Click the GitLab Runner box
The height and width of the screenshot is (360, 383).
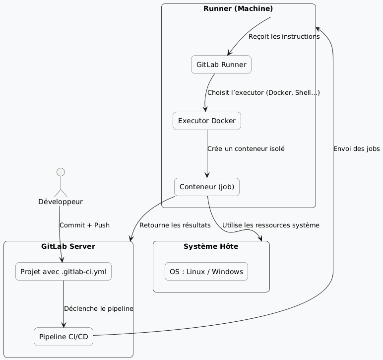[x=221, y=65]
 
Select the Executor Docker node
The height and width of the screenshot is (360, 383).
[x=207, y=121]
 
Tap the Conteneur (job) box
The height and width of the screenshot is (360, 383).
[x=207, y=187]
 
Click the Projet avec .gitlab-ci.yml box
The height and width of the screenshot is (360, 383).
[x=64, y=272]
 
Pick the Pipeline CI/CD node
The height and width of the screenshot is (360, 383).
[x=64, y=337]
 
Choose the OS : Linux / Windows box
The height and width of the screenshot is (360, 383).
[x=206, y=272]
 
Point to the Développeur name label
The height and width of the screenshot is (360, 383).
[x=60, y=202]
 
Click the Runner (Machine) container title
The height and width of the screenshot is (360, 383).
[x=238, y=8]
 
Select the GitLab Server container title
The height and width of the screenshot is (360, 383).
[x=68, y=246]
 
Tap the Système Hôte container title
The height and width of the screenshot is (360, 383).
[x=211, y=246]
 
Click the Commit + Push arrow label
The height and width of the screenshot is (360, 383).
[x=84, y=225]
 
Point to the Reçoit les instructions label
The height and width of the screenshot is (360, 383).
[x=284, y=37]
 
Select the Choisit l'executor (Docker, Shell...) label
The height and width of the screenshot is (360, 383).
[x=263, y=93]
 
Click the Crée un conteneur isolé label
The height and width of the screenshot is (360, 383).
[x=247, y=148]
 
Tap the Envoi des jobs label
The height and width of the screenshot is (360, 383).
[x=357, y=149]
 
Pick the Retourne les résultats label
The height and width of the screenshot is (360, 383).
[x=175, y=225]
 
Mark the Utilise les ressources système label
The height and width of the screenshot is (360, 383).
[x=271, y=225]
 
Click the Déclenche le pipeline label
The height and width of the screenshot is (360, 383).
[x=99, y=308]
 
